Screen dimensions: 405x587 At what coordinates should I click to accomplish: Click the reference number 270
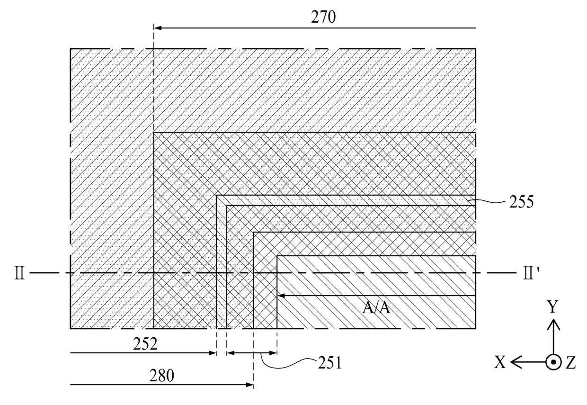(x=323, y=17)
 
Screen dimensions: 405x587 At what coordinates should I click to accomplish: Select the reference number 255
(x=521, y=202)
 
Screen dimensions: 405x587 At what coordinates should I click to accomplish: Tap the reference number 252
(x=145, y=344)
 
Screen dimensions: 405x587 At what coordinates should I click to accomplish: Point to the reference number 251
(x=329, y=363)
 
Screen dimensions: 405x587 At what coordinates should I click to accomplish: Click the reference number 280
(x=162, y=376)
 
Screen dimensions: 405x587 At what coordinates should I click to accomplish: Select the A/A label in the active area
(x=377, y=308)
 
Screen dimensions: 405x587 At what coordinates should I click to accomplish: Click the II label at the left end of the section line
(x=19, y=273)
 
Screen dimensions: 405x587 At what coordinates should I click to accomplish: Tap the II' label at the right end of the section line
(x=527, y=273)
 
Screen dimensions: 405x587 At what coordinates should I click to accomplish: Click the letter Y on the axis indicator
(x=552, y=308)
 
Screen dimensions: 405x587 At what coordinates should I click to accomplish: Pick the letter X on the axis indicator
(x=500, y=362)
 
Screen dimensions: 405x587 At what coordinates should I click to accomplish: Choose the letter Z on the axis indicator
(x=570, y=363)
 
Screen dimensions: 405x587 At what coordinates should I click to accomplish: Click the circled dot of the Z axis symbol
(x=552, y=362)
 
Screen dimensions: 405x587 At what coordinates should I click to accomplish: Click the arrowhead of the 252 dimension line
(x=213, y=353)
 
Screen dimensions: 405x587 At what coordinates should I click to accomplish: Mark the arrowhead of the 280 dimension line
(x=250, y=385)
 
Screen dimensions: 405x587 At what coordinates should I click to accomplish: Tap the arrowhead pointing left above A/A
(x=280, y=296)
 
